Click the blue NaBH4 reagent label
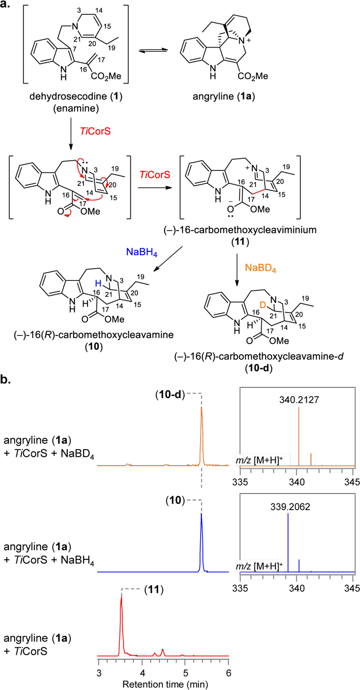pyautogui.click(x=142, y=252)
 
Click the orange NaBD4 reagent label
pyautogui.click(x=260, y=268)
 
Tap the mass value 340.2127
pyautogui.click(x=299, y=400)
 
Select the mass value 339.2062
pyautogui.click(x=290, y=507)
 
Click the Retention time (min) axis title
pyautogui.click(x=165, y=684)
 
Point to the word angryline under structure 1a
pyautogui.click(x=213, y=96)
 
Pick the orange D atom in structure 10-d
pyautogui.click(x=263, y=305)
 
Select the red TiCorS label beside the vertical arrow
pyautogui.click(x=95, y=131)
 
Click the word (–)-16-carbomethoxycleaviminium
pyautogui.click(x=240, y=230)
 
